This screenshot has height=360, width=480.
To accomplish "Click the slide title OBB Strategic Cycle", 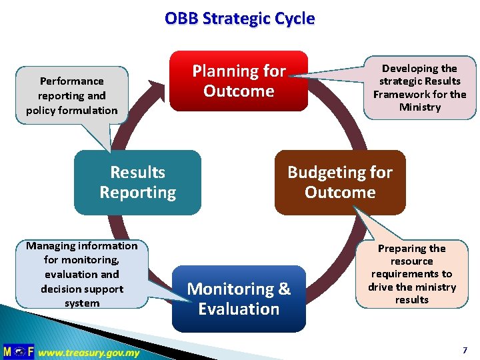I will point(239,19).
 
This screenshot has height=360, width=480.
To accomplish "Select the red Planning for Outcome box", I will point(239,81).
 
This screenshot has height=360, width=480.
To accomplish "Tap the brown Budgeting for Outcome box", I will point(340,182).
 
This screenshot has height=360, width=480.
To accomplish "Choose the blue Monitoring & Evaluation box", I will point(239,299).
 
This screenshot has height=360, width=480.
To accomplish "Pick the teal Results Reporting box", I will point(137,182).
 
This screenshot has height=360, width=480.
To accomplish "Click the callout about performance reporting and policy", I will point(71,95).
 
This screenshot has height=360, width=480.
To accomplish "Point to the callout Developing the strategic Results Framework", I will point(419,87).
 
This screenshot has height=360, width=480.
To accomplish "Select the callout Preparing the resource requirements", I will point(411,274).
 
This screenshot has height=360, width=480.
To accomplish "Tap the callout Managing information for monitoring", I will point(82,274).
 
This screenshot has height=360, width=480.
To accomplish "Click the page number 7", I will point(465,350).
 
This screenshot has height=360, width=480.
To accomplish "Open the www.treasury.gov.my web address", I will point(89,352).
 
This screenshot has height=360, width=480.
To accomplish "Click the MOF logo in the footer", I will point(17,351).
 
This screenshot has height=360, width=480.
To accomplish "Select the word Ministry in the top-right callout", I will point(419,107).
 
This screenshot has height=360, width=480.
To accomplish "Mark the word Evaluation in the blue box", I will point(239,309).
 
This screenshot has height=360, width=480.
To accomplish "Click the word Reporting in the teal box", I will point(137,193).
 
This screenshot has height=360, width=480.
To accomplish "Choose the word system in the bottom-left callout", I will point(82,303).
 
